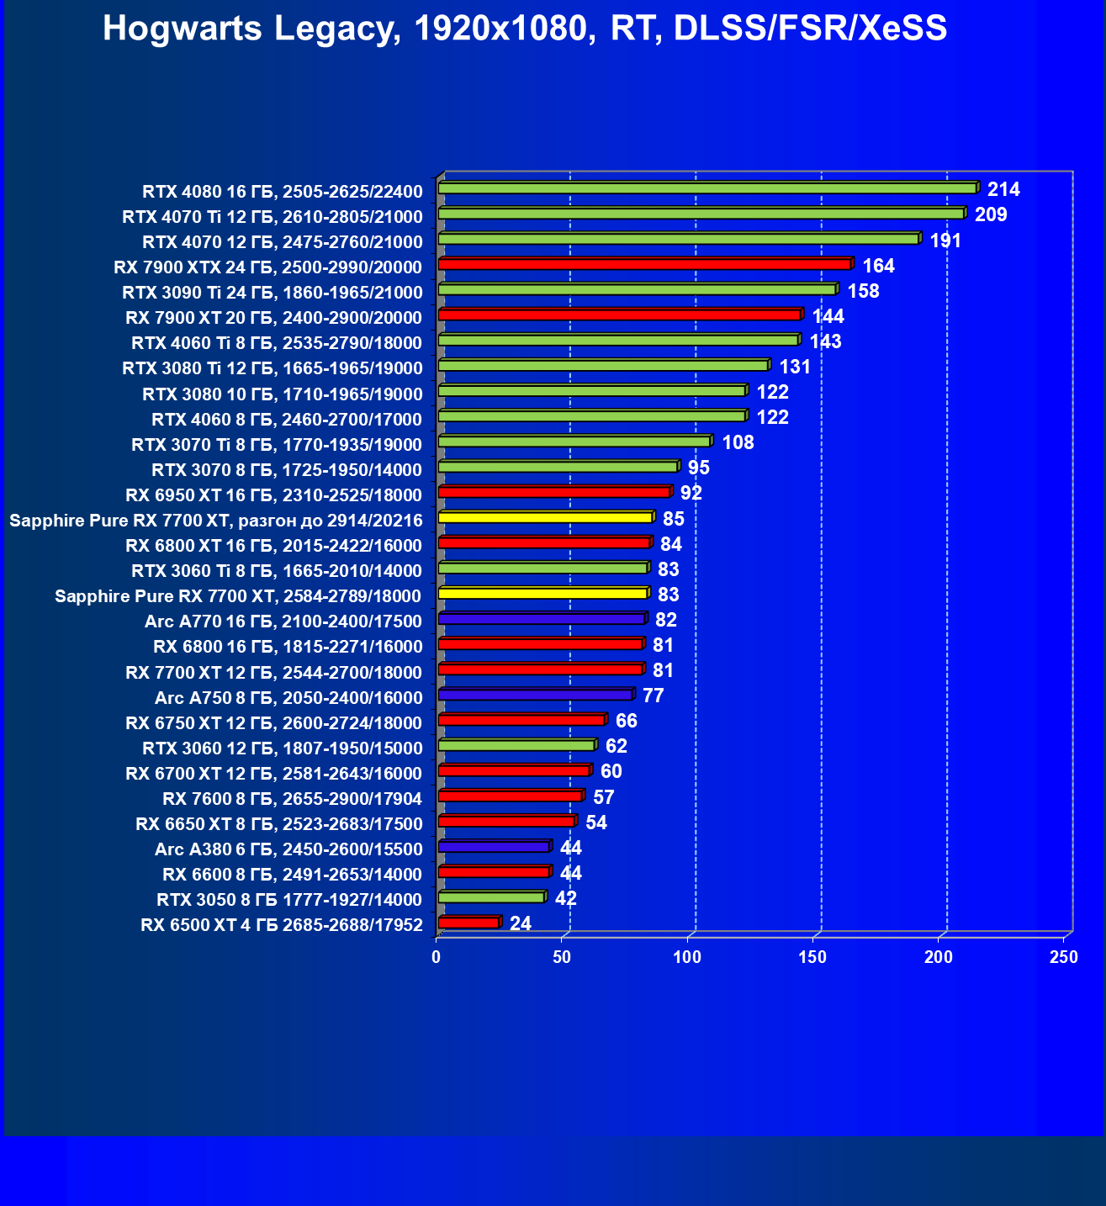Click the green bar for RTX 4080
(706, 188)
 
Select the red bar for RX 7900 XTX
(644, 265)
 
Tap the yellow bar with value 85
(545, 517)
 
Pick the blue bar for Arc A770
(542, 619)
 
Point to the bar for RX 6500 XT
(468, 923)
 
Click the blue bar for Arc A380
(494, 847)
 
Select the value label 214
(1003, 189)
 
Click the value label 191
(945, 241)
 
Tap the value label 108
(738, 442)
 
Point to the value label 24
(521, 923)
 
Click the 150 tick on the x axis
(812, 957)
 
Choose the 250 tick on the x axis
(1064, 957)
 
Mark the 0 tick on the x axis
(437, 957)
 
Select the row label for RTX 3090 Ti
(273, 293)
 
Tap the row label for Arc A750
(288, 698)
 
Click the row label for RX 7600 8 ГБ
(292, 799)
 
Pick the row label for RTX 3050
(289, 900)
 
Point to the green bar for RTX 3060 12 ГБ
(516, 745)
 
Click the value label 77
(653, 696)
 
